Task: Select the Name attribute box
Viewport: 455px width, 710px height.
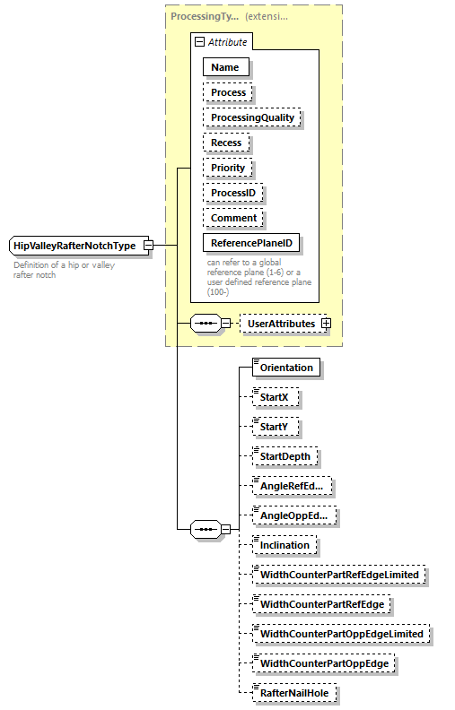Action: pos(225,67)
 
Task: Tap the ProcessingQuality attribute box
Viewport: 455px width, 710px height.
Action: pos(252,117)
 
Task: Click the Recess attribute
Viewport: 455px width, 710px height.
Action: pos(226,143)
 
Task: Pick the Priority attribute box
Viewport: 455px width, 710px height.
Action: pos(228,168)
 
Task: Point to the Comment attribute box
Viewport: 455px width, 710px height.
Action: pos(233,218)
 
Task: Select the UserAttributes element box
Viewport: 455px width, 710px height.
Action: pos(281,324)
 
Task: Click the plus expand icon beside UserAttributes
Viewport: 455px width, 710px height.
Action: pos(326,324)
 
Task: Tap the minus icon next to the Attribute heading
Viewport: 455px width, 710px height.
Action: pos(199,41)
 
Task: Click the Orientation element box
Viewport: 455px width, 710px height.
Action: pos(286,368)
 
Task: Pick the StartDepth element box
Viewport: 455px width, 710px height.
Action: pos(284,456)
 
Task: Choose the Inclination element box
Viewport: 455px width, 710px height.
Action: pos(284,545)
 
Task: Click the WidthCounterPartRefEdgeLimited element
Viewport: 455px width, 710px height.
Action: pos(339,575)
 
